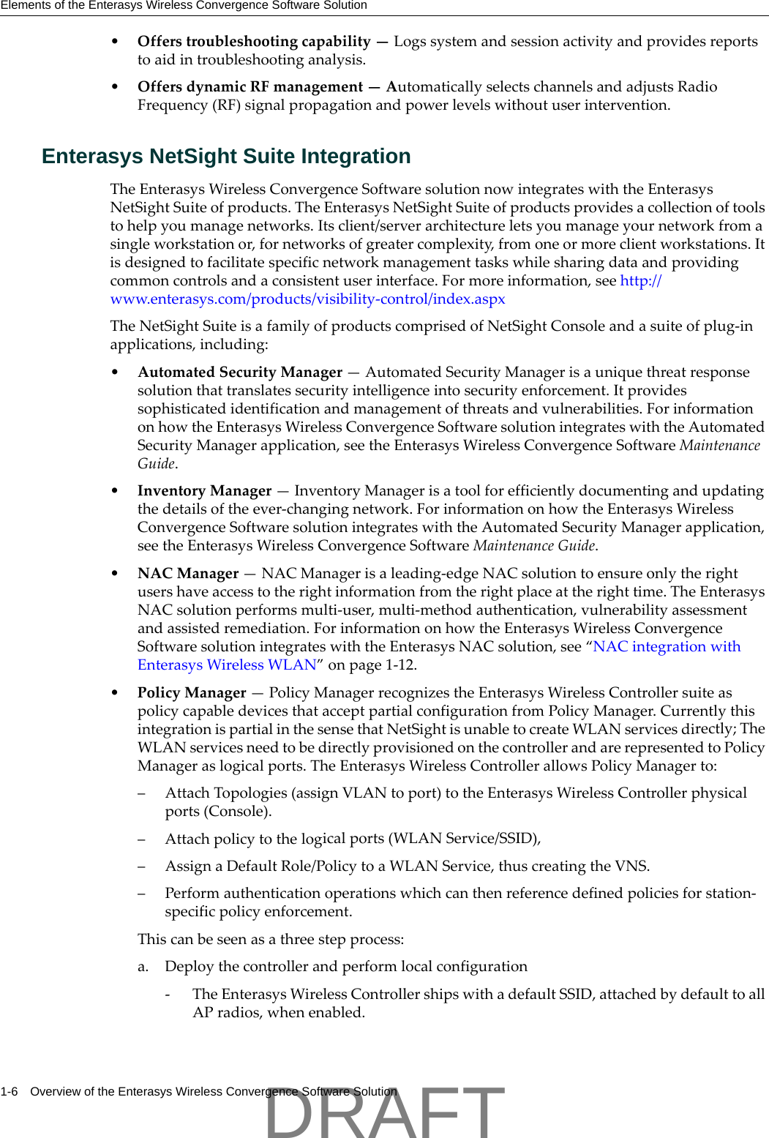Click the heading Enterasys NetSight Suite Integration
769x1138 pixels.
tap(226, 157)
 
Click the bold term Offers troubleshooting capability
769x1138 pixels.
tap(254, 42)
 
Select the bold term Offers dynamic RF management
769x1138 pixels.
tap(250, 87)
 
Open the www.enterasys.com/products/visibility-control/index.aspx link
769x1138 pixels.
tap(307, 299)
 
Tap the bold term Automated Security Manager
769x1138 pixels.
tap(240, 373)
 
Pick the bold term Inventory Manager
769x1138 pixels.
tap(204, 491)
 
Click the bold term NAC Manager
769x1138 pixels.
tap(188, 574)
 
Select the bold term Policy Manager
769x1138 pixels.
tap(192, 693)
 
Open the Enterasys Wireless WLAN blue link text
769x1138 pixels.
tap(227, 665)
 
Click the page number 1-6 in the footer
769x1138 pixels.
tap(10, 1092)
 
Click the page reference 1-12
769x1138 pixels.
tap(400, 665)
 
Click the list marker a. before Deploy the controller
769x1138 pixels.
tap(143, 967)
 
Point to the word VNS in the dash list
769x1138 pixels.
tap(631, 866)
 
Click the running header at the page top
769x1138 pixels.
tap(184, 6)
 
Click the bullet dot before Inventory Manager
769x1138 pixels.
tap(115, 491)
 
